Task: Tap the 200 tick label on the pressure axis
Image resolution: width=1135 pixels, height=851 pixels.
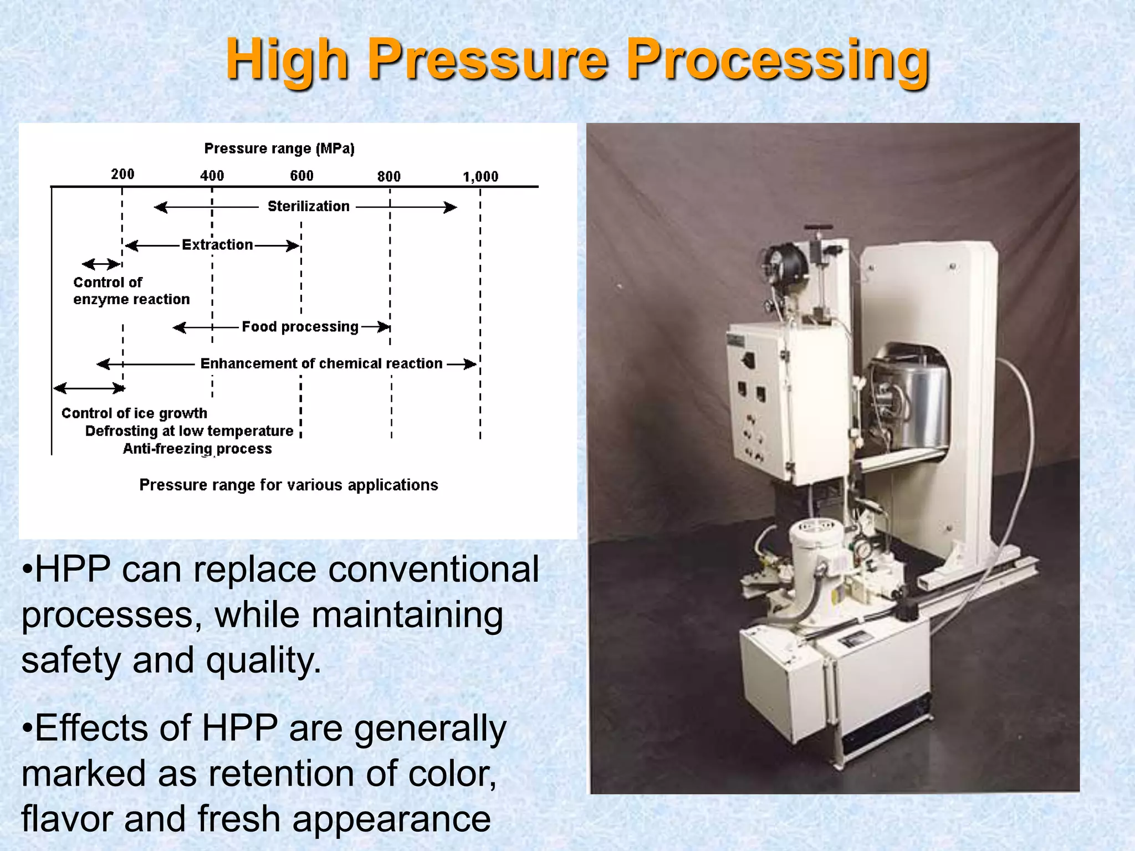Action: tap(122, 174)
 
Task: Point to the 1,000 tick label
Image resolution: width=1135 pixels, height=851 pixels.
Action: tap(480, 177)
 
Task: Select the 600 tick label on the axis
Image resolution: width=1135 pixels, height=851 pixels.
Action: tap(301, 176)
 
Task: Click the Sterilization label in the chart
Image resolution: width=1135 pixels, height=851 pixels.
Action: tap(308, 206)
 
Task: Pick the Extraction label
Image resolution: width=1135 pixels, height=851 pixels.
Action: tap(217, 245)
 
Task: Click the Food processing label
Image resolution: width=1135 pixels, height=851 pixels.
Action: tap(300, 327)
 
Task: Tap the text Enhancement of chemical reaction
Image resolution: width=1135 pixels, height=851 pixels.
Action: tap(321, 363)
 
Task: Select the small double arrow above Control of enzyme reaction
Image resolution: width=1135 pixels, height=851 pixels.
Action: tap(101, 264)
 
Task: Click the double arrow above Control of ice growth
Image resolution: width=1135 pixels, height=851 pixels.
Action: tap(89, 388)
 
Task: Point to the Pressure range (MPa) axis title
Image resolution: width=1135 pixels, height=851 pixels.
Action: tap(279, 148)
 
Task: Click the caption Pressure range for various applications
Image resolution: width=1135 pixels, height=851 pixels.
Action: tap(288, 485)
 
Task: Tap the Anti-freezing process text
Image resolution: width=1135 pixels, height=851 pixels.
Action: tap(197, 449)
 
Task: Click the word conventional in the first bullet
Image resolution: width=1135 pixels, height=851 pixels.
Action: tap(433, 570)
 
